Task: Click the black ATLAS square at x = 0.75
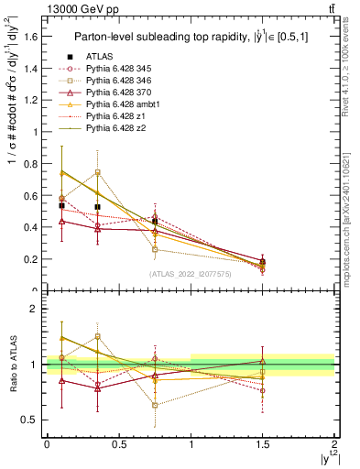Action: point(155,221)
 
